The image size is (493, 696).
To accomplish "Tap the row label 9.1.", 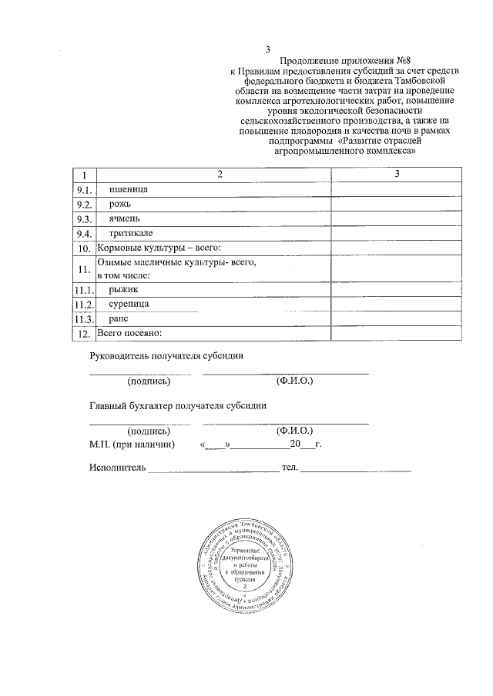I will point(84,190).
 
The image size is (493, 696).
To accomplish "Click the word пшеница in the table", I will point(129,189).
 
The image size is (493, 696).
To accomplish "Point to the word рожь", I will point(121,204).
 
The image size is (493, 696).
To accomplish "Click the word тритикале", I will point(131,233).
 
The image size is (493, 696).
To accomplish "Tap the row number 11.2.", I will point(83,305).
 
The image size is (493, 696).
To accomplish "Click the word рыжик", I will point(123,289).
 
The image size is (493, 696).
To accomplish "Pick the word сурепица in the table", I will point(129,305).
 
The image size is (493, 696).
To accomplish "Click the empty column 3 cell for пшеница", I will point(397,190).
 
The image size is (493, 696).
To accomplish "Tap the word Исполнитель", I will point(116,468).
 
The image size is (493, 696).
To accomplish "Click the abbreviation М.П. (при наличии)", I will point(132,445).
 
